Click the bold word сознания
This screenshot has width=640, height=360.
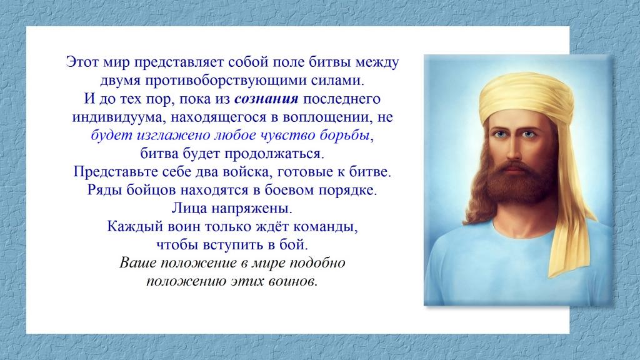(266, 99)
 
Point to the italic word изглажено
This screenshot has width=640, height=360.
(171, 136)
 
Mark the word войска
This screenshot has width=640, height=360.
(247, 172)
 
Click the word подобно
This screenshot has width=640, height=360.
(317, 263)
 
